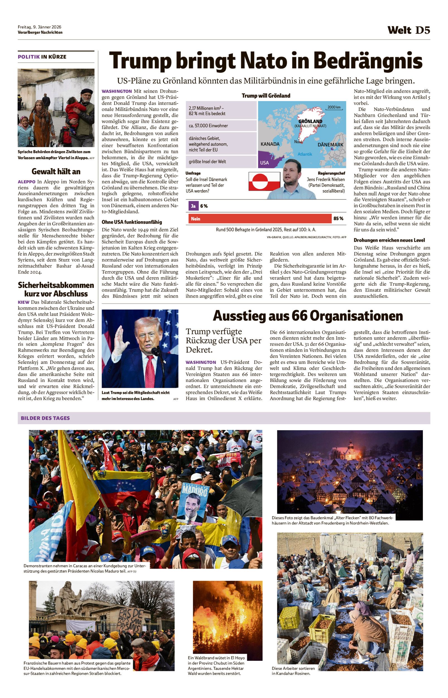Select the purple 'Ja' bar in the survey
click(193, 206)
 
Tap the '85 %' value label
click(338, 219)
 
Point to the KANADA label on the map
click(270, 144)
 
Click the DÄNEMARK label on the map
click(330, 145)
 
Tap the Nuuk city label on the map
click(298, 142)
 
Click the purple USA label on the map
click(264, 163)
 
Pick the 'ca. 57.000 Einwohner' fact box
click(221, 126)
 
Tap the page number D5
click(422, 30)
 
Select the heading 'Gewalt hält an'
click(56, 171)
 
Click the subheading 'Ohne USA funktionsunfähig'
click(132, 222)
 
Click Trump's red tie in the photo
click(150, 371)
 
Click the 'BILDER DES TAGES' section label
click(45, 418)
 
